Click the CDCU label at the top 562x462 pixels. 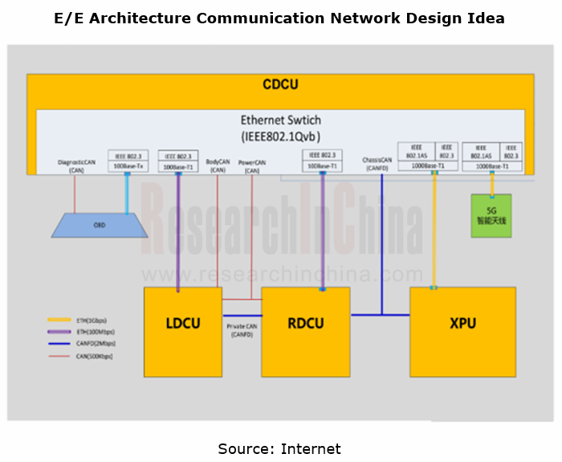coord(280,84)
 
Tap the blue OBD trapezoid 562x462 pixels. coord(100,225)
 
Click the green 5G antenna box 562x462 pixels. coord(491,215)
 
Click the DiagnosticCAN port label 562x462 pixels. coord(77,165)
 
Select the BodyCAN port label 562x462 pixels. coord(218,165)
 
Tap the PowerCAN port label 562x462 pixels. coord(252,166)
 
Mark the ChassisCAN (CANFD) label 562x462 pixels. coord(377,164)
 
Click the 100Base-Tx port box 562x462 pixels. coord(128,167)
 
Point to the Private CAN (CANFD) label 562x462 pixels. coord(242,330)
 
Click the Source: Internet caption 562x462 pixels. coord(279,448)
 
